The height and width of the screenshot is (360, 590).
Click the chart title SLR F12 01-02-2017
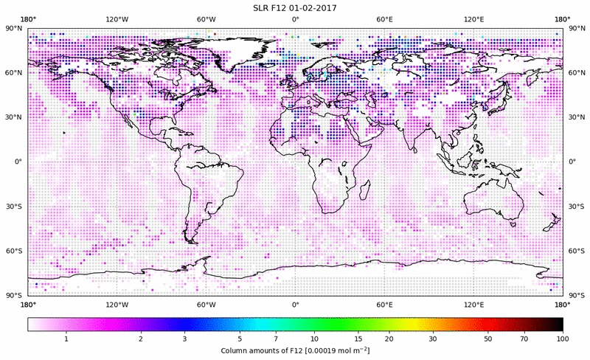[x=295, y=7]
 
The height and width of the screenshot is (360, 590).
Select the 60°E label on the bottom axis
[x=384, y=305]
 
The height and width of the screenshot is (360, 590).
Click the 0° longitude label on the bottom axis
[x=295, y=305]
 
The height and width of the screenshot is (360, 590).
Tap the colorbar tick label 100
[x=562, y=339]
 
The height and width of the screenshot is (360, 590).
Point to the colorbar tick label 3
[x=185, y=339]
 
